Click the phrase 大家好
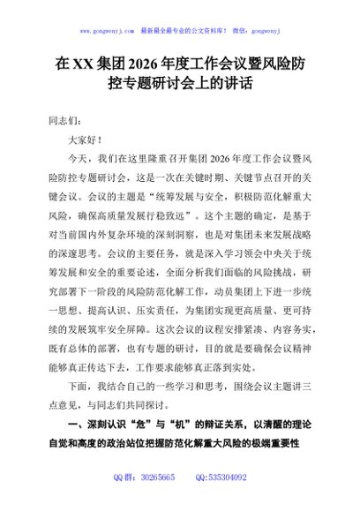coord(88,139)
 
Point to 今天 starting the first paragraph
coord(79,159)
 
